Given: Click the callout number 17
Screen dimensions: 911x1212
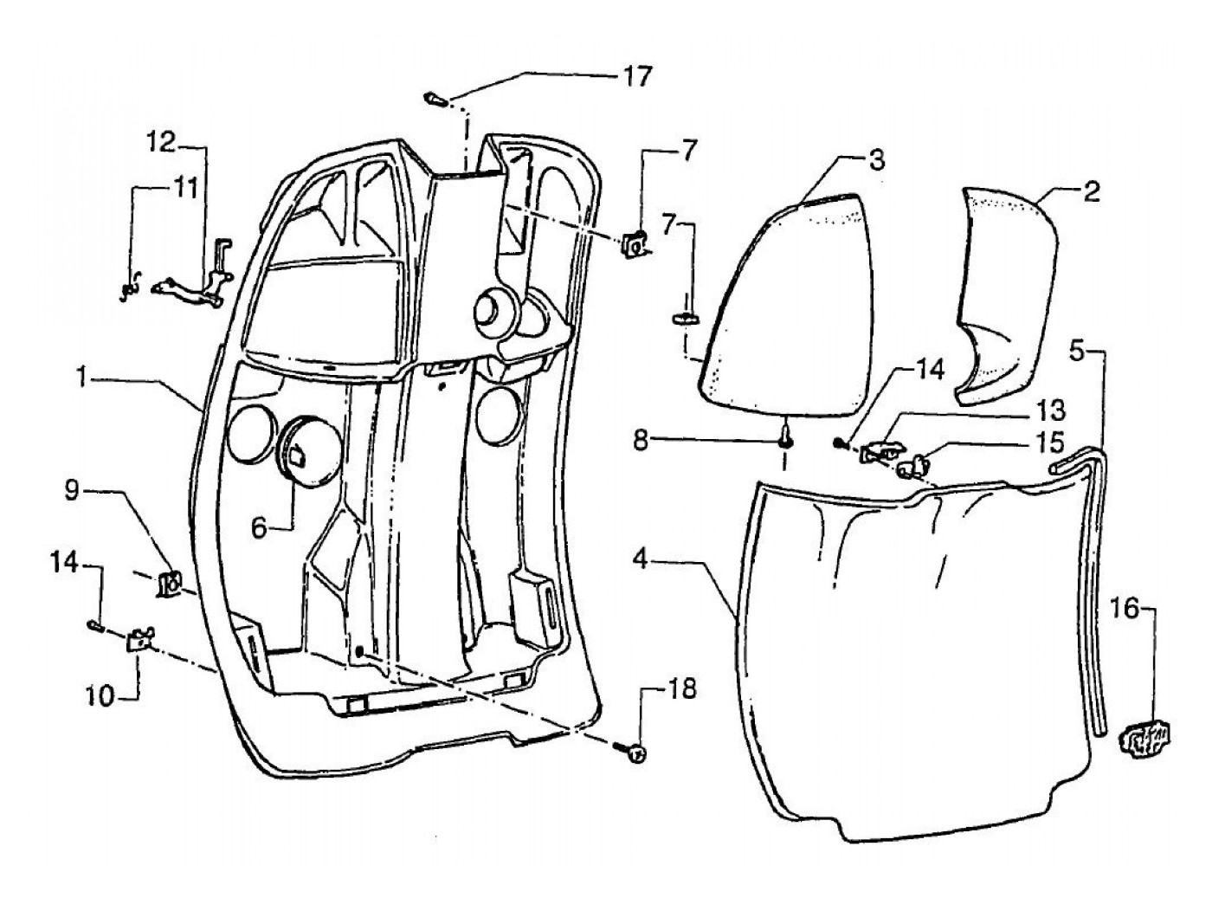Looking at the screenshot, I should tap(636, 76).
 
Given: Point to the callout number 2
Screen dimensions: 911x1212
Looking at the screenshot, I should tap(1092, 191).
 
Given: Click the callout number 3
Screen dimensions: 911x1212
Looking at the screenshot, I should tap(877, 160).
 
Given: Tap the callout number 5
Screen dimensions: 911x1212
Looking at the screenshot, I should tap(1076, 351).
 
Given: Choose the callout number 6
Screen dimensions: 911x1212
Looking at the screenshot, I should tap(261, 527).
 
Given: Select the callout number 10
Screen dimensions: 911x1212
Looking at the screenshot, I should tap(100, 695).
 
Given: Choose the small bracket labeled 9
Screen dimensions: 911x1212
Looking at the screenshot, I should tap(170, 584).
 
